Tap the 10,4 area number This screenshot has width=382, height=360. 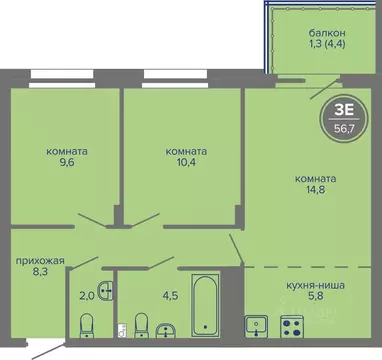187,168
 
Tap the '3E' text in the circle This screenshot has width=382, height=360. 341,111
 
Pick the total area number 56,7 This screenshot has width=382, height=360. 341,127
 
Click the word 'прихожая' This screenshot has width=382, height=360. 40,261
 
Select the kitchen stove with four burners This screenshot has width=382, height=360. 294,325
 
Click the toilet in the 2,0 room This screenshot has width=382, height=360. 86,325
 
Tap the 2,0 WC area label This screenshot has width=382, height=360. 87,294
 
